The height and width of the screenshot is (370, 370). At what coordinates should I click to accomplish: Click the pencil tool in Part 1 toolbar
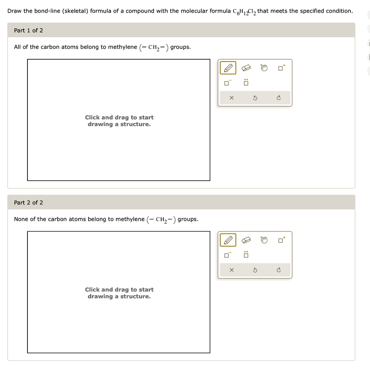(228, 68)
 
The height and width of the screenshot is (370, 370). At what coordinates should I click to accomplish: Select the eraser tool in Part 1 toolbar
(246, 68)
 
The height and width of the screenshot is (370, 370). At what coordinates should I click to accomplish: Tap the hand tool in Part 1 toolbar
(264, 68)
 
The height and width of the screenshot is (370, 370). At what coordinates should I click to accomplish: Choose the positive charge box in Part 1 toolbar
(281, 68)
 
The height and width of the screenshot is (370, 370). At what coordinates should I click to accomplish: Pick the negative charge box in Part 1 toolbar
(227, 83)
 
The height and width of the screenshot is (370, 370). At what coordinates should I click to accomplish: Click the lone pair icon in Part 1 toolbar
(246, 82)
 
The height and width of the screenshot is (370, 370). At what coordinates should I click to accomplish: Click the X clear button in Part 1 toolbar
(232, 98)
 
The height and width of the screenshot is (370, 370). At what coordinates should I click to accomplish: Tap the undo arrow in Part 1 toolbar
(255, 98)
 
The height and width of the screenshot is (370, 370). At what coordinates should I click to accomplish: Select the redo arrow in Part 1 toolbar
(279, 98)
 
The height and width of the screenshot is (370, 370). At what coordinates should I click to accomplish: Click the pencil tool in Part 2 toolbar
(228, 240)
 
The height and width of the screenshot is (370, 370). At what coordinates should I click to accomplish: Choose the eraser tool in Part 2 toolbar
(246, 240)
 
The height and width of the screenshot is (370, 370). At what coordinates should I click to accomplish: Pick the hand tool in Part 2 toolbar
(264, 240)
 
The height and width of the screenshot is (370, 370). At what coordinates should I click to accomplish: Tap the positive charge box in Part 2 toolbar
(281, 240)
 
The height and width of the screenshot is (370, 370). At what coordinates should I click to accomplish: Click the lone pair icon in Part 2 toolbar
(246, 254)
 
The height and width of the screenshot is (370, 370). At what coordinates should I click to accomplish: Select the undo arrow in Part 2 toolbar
(255, 270)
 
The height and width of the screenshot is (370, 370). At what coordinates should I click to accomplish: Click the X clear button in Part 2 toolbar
(232, 270)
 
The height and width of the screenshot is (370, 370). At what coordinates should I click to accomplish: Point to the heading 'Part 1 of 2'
(29, 30)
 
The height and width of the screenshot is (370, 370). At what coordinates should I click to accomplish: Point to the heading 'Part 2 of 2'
(29, 202)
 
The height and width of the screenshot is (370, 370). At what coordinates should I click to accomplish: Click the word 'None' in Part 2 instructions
(21, 219)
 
